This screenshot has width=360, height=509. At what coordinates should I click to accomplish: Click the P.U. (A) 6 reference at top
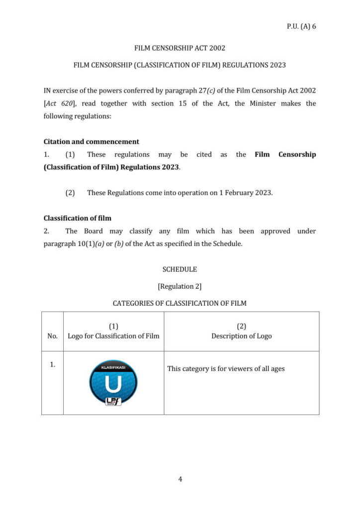(x=301, y=26)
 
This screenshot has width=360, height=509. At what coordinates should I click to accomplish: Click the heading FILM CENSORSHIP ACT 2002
(x=180, y=48)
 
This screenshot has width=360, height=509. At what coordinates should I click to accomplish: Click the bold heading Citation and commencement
(x=91, y=142)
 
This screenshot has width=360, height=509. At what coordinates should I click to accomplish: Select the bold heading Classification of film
(x=78, y=218)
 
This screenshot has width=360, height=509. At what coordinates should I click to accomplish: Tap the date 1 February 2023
(x=246, y=193)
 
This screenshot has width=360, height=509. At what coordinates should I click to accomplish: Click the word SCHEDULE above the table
(x=180, y=269)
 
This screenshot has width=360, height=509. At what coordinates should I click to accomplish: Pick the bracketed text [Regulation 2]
(x=180, y=286)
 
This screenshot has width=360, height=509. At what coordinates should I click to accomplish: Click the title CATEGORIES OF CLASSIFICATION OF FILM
(x=180, y=303)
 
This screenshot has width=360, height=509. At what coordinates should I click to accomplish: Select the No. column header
(x=52, y=336)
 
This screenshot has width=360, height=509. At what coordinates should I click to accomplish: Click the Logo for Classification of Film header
(x=113, y=336)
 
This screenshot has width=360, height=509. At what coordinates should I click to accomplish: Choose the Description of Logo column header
(x=242, y=336)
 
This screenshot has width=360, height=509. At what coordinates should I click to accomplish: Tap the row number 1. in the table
(x=52, y=365)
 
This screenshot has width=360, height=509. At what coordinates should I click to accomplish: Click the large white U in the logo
(x=113, y=384)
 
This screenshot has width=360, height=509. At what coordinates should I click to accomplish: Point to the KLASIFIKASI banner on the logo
(x=113, y=368)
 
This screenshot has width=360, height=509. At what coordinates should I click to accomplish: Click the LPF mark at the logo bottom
(x=113, y=401)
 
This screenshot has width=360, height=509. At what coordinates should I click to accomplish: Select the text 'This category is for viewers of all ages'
(x=226, y=369)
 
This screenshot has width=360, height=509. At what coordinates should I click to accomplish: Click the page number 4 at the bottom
(x=180, y=479)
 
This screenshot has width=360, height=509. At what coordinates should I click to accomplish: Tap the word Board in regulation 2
(x=93, y=231)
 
